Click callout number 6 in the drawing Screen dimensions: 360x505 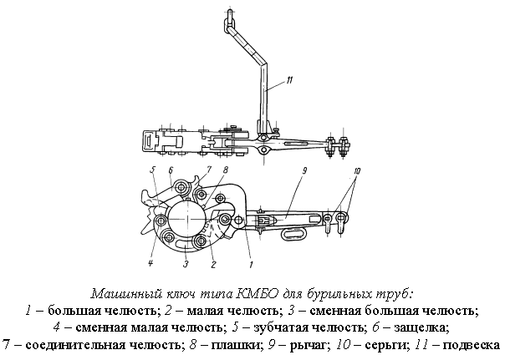coord(171,171)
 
